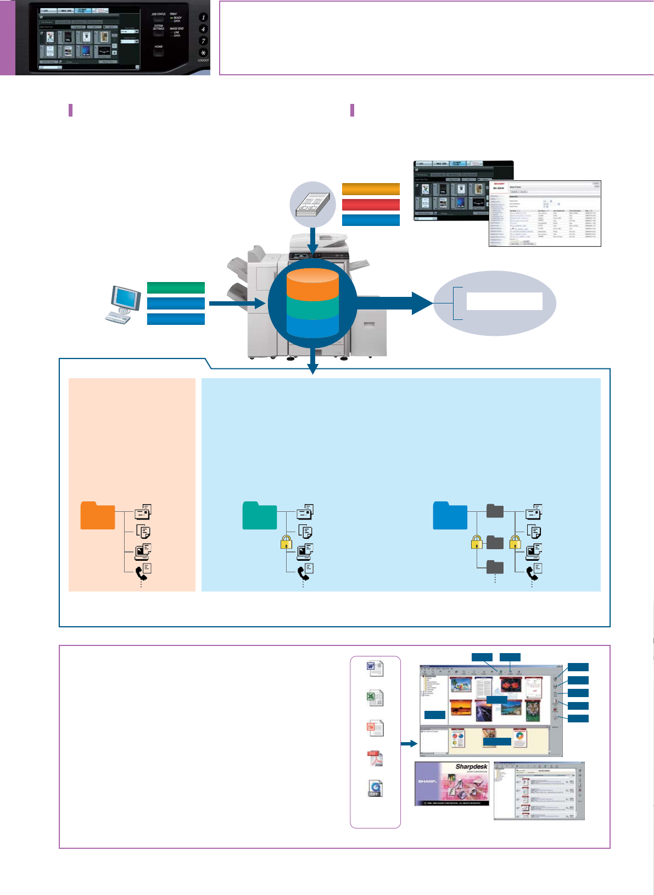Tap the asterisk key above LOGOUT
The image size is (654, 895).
(203, 53)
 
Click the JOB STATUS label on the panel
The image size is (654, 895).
(159, 14)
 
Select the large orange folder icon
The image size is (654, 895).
(98, 516)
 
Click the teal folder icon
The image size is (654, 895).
(260, 516)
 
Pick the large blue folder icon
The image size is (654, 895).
(450, 516)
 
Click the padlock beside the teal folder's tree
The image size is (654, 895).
(286, 543)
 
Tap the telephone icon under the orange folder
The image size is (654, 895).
(142, 572)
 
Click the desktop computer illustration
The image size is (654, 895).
(121, 303)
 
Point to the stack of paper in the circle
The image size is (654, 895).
(312, 205)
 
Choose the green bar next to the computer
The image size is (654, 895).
(176, 288)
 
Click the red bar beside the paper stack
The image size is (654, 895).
(371, 205)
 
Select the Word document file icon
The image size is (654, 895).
(375, 669)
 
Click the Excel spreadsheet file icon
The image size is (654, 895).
(375, 698)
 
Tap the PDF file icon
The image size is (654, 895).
(375, 759)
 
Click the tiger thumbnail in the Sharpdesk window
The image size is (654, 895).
(532, 710)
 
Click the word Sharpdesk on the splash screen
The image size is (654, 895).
(471, 767)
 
